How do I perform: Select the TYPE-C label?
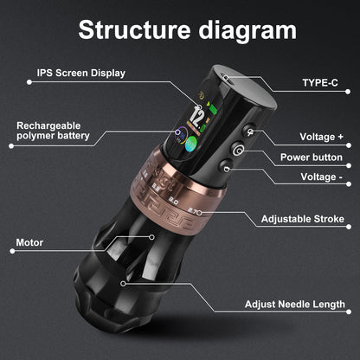coord(319,85)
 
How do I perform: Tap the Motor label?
coord(29,243)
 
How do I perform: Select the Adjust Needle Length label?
coord(295,305)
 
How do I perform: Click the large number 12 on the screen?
coord(198,115)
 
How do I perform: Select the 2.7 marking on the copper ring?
coord(197,210)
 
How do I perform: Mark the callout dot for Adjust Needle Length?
coord(124,281)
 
